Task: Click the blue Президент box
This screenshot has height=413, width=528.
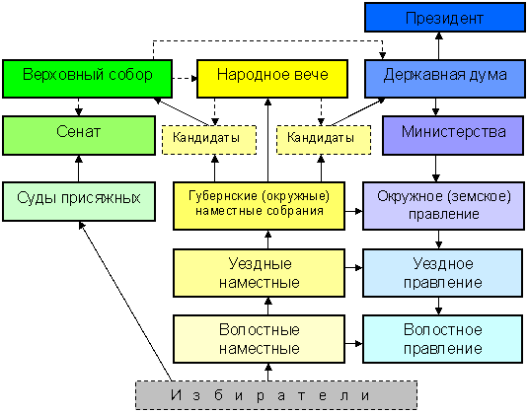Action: click(445, 18)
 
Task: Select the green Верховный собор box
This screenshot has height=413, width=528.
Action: click(87, 79)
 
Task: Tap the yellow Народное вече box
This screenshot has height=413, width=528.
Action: click(272, 79)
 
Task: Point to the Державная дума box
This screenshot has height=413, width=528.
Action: click(445, 79)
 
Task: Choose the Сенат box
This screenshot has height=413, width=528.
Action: click(79, 136)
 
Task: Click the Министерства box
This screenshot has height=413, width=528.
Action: click(453, 136)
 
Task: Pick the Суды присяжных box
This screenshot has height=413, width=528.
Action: click(79, 201)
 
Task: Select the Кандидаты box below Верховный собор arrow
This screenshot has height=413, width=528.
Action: click(209, 140)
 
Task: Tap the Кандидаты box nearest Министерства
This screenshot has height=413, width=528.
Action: click(324, 140)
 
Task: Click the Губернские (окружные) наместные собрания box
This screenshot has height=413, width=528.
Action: click(259, 206)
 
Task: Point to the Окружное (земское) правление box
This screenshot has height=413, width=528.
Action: click(443, 206)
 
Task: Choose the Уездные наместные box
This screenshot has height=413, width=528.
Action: click(259, 273)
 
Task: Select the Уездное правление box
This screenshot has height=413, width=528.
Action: click(442, 273)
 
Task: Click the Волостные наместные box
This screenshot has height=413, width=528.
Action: click(259, 339)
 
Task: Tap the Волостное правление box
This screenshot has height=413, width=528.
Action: click(442, 339)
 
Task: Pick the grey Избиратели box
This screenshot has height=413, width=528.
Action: click(276, 395)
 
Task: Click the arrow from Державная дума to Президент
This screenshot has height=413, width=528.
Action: click(439, 46)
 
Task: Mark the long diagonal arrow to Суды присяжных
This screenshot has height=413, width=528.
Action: click(125, 301)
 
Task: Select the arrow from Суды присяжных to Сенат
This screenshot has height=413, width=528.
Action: click(79, 169)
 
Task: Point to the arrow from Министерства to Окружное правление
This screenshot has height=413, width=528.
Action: click(436, 169)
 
